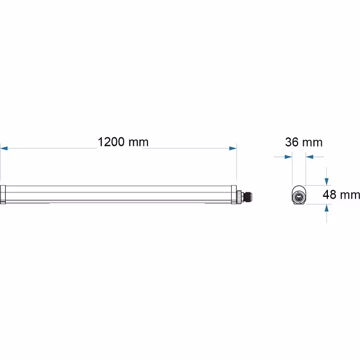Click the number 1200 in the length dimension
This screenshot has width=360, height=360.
point(111,142)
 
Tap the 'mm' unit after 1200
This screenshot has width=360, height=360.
point(138,142)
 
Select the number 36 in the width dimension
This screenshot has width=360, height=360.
point(292,142)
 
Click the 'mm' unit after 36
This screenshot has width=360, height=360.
point(312,142)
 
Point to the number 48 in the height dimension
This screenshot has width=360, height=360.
point(329,195)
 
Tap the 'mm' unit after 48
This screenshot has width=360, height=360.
point(349,195)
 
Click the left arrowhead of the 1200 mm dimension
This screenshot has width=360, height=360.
point(4,148)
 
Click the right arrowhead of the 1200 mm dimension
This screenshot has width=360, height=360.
point(233,148)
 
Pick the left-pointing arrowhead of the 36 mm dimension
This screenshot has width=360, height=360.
point(309,157)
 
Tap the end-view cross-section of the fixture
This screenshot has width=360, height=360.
point(299,196)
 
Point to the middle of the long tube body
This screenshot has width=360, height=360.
point(118,194)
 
